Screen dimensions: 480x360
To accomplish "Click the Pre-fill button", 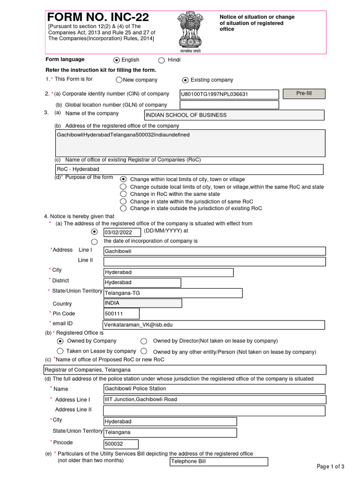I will coord(304,94).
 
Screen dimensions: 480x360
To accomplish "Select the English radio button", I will coord(117,60).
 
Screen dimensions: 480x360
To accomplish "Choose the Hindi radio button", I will coord(162,60).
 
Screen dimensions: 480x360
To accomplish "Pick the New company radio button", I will coord(119,80).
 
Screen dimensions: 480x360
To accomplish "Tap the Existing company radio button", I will coord(185,80).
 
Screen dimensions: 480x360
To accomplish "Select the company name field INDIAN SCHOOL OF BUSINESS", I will coord(234,115).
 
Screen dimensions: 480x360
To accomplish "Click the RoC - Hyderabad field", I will coord(189,169).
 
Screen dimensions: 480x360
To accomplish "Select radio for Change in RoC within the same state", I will coord(123,194).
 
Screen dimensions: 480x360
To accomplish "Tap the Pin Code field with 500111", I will coord(121,314).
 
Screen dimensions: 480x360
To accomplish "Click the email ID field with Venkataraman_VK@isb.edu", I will coord(214,325).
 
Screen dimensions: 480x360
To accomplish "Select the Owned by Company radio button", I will coord(60,341).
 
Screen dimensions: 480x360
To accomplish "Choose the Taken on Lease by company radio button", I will coord(60,351).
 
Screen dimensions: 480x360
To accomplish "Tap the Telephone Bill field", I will coord(218,462).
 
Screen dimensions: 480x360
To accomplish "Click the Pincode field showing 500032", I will coord(121,444).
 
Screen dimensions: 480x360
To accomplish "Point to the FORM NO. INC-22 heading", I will coord(99,17).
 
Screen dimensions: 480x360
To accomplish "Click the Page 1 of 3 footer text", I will coord(330,466).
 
